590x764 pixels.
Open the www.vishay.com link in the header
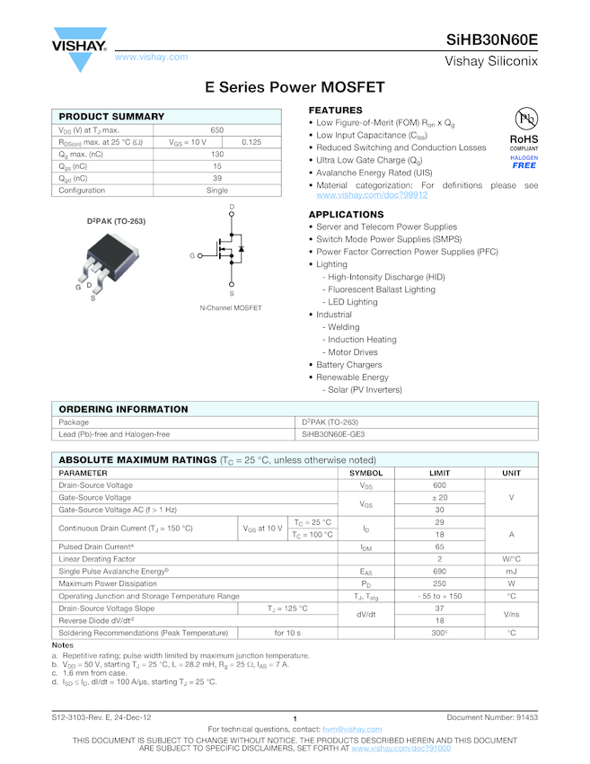tap(151, 57)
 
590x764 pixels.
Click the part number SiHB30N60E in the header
tap(492, 40)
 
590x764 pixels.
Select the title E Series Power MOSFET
tap(295, 88)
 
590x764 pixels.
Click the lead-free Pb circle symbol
tap(524, 120)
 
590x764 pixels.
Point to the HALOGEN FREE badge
tap(524, 162)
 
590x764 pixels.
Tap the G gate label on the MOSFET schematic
tap(192, 256)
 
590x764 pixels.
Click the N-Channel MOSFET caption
tap(231, 308)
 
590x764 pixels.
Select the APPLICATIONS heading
tap(346, 215)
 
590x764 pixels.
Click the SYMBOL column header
tap(365, 473)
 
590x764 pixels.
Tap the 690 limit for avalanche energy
tap(440, 571)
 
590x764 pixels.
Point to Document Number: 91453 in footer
tap(492, 717)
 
